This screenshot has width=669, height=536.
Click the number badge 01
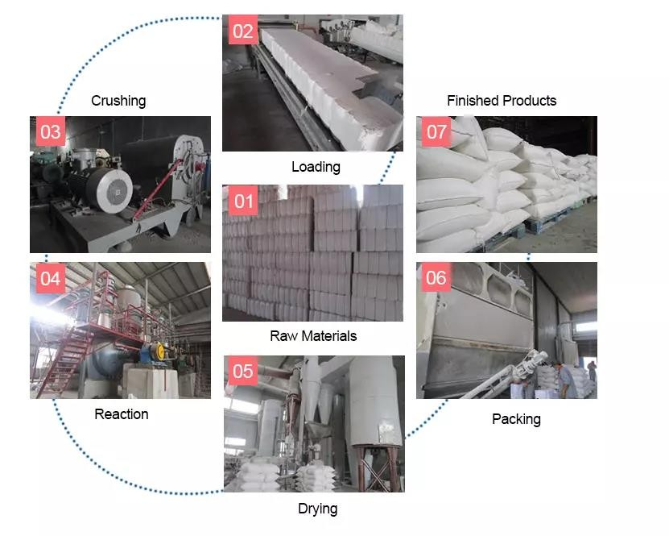[x=243, y=201]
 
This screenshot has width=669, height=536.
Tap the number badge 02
[x=243, y=30]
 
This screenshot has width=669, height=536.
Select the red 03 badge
[x=51, y=131]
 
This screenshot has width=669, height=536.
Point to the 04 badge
[x=51, y=278]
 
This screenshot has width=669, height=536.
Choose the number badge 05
[x=243, y=371]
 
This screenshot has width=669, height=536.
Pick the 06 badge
[x=436, y=277]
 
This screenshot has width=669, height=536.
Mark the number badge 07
[x=436, y=131]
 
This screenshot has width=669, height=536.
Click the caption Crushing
[x=118, y=101]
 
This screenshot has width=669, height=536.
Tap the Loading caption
[x=316, y=167]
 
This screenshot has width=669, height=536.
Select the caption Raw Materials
[x=313, y=336]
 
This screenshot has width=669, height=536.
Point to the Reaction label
[x=122, y=414]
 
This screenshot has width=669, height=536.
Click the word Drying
[x=318, y=509]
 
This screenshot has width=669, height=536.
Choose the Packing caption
[x=516, y=419]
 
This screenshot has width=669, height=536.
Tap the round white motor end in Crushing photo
[x=115, y=190]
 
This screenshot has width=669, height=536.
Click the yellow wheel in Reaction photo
[x=160, y=351]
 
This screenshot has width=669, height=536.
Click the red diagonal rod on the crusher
[x=158, y=189]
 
